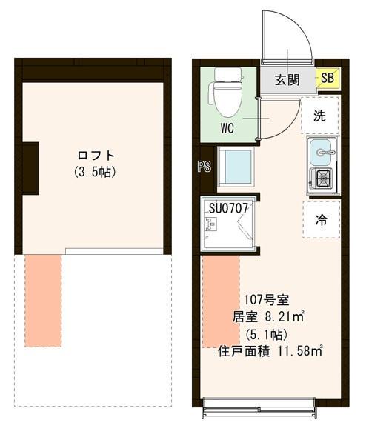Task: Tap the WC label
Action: (227, 127)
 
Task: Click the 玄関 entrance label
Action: (287, 80)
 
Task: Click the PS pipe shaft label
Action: (205, 167)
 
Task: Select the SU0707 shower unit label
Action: (228, 208)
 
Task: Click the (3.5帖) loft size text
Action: (97, 172)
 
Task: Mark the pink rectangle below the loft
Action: (43, 299)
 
